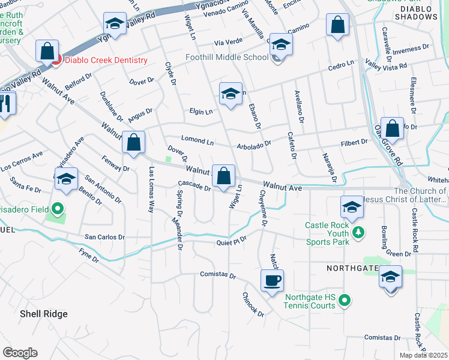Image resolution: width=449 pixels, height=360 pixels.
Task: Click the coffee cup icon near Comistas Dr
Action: click(x=272, y=280)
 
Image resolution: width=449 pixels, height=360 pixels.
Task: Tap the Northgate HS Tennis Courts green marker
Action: click(x=345, y=300)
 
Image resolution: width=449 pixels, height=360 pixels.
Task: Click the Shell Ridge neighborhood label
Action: click(x=43, y=314)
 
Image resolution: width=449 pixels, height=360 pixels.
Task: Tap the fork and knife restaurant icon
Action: click(x=5, y=104)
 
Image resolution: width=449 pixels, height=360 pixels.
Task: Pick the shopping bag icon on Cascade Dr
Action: click(x=224, y=176)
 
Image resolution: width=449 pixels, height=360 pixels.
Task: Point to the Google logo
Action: click(x=20, y=353)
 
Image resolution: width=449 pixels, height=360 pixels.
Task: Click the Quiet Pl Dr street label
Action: click(x=232, y=242)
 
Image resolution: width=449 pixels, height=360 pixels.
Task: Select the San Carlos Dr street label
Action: click(x=104, y=237)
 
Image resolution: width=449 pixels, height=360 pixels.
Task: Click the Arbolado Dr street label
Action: click(x=254, y=143)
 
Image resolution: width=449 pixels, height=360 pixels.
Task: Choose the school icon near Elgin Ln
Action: click(x=230, y=94)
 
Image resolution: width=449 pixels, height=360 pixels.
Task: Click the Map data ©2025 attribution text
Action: click(x=423, y=355)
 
